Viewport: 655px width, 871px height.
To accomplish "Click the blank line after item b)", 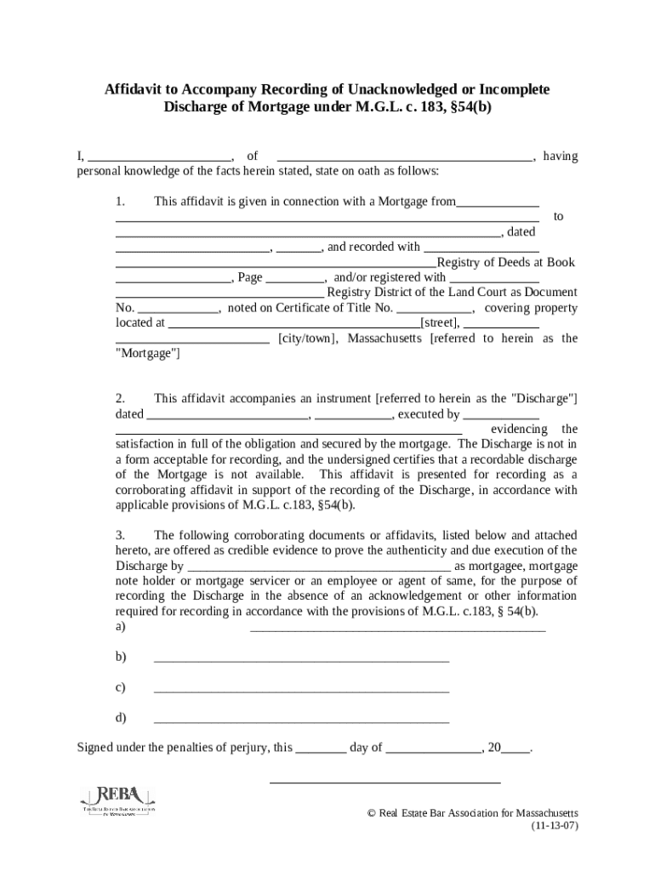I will (301, 660).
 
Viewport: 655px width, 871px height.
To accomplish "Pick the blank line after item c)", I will (301, 691).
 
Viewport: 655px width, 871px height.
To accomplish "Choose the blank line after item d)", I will (301, 721).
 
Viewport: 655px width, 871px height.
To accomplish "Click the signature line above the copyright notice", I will (384, 781).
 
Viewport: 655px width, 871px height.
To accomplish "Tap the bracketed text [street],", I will (440, 322).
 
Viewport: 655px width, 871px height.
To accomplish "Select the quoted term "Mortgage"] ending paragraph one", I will (147, 353).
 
